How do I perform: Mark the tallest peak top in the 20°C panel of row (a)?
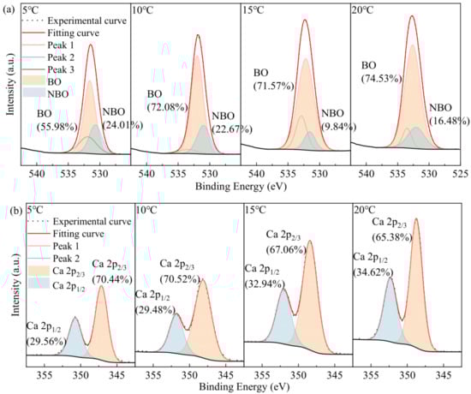[412, 15]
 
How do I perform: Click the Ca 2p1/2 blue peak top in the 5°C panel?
[75, 318]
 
